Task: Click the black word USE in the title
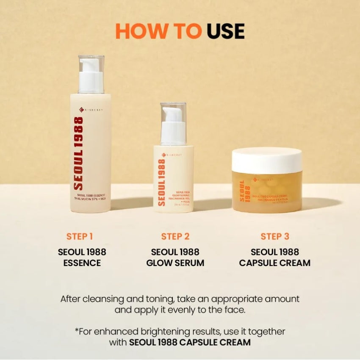tap(226, 31)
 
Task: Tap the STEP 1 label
tap(80, 236)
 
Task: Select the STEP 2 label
tap(175, 236)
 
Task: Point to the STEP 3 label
tap(275, 236)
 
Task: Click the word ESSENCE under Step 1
tap(82, 263)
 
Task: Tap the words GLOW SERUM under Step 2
tap(175, 263)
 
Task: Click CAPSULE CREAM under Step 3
tap(275, 263)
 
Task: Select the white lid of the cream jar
tap(267, 160)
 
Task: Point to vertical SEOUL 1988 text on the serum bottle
tap(161, 183)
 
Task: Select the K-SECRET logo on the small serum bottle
tap(173, 155)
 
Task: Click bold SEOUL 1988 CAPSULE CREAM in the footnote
tap(189, 342)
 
